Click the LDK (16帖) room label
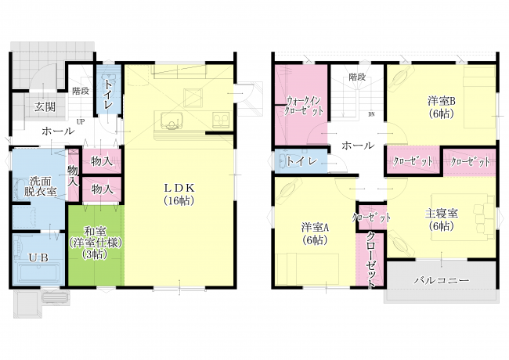click(179, 194)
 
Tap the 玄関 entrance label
click(45, 106)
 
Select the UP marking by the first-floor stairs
click(80, 121)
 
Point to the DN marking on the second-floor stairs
click(371, 114)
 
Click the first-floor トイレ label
click(108, 94)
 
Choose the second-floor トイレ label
click(302, 161)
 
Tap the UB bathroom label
click(38, 257)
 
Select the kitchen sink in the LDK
click(170, 121)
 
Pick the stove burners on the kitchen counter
click(221, 120)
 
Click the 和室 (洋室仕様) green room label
click(96, 243)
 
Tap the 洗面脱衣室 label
click(40, 186)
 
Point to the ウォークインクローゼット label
click(304, 106)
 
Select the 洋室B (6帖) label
click(441, 107)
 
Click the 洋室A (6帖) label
click(315, 233)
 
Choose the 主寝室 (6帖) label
click(442, 220)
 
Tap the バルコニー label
click(441, 280)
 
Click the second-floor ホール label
click(358, 146)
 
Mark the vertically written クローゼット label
click(370, 260)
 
